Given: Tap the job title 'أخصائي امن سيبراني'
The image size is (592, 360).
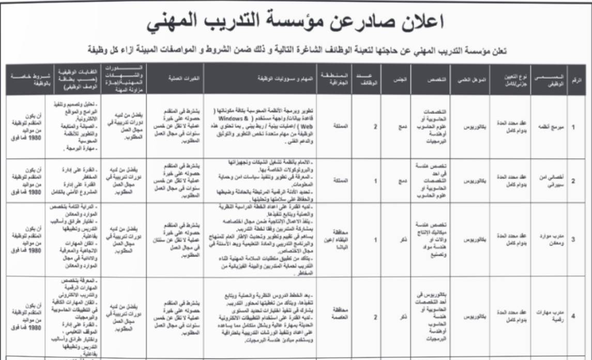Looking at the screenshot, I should coord(550,182).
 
